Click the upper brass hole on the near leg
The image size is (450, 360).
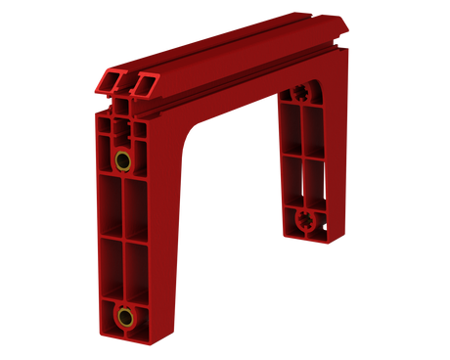(x=122, y=159)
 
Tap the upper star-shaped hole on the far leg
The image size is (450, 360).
(x=298, y=93)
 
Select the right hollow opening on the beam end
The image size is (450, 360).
(x=146, y=83)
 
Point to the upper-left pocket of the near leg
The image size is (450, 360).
(x=110, y=205)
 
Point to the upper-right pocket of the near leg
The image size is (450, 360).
(x=136, y=205)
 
